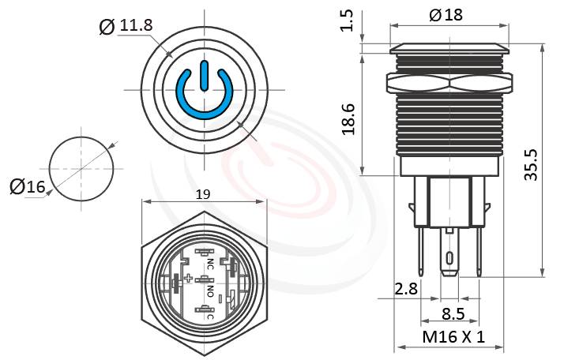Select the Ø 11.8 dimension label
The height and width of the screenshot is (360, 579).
[126, 26]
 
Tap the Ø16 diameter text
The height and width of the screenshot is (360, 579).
[28, 186]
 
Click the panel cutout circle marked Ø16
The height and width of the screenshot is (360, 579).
[81, 168]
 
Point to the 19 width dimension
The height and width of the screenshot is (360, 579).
[204, 193]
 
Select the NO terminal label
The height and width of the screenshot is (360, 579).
[210, 291]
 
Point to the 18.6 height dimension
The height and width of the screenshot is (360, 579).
[347, 118]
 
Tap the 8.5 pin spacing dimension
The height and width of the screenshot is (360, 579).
[453, 313]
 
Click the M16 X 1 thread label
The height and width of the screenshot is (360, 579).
[453, 337]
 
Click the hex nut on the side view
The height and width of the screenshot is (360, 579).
[448, 83]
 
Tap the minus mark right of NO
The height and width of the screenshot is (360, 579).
[231, 298]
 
